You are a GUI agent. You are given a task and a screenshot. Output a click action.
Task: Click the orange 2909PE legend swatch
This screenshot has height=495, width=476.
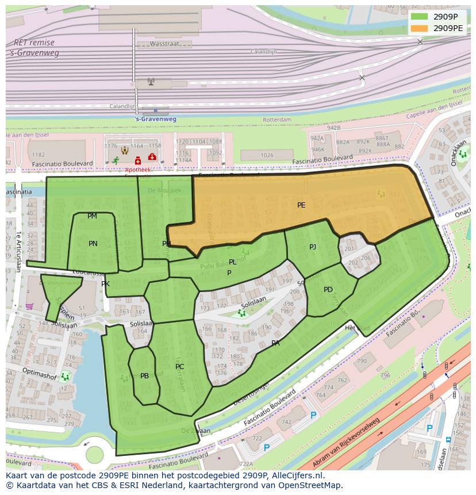420,28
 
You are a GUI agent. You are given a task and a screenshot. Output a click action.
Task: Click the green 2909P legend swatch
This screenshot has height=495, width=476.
420,16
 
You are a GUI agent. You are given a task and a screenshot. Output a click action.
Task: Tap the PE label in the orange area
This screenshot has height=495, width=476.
301,205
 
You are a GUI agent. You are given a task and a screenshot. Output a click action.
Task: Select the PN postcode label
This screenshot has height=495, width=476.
93,244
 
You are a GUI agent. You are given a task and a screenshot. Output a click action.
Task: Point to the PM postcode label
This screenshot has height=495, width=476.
92,216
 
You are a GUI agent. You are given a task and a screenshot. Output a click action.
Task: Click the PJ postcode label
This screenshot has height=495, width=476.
313,247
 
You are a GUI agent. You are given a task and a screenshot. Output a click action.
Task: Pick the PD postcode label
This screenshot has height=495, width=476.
328,290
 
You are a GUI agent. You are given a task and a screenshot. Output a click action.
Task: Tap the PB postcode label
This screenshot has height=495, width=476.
145,376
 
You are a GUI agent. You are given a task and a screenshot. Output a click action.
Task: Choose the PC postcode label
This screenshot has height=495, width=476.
180,367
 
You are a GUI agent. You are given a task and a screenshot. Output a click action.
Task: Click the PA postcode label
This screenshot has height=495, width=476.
276,343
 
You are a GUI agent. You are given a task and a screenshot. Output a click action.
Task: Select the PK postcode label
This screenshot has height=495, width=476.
105,284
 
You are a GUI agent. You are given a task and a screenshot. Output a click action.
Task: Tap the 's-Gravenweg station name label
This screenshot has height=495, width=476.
155,119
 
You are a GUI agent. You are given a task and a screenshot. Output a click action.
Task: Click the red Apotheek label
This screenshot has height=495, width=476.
137,170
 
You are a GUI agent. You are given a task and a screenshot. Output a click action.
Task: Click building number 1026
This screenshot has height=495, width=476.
267,155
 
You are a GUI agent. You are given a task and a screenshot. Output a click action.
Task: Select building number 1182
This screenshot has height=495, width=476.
39,155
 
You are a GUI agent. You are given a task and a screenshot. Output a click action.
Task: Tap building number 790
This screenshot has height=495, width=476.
361,361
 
